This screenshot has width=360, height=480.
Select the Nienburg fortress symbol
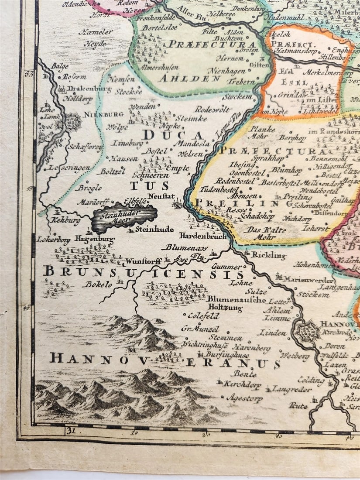click(x=73, y=121)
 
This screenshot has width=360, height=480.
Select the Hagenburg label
click(x=94, y=239)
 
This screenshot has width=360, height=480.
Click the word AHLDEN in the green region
click(x=183, y=79)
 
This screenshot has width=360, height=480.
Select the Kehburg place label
click(x=65, y=221)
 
